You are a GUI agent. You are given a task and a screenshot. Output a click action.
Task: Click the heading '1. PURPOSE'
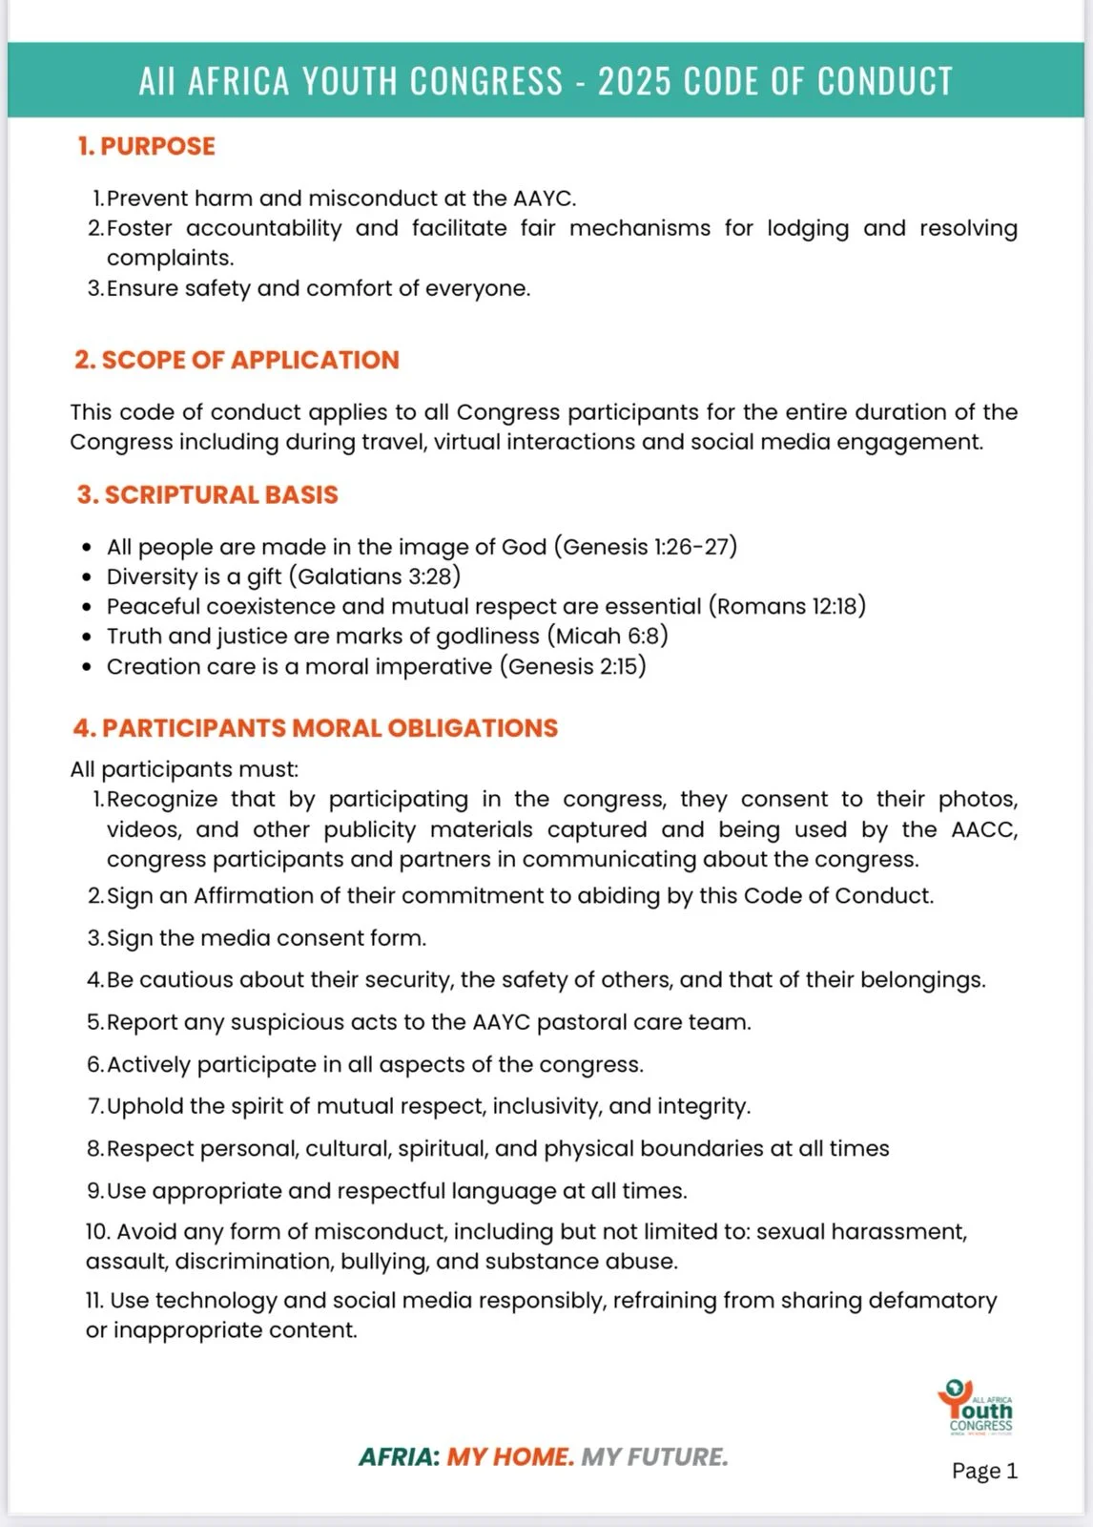[x=146, y=146]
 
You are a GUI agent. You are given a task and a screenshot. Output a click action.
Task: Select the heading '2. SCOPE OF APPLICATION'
[x=237, y=360]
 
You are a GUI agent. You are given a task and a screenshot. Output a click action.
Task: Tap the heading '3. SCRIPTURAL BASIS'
[x=207, y=494]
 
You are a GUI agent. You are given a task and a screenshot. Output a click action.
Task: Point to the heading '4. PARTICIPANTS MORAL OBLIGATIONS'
[x=315, y=727]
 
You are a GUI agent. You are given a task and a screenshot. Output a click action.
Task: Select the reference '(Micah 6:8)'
[x=607, y=636]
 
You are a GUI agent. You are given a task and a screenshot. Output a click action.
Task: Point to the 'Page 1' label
[x=984, y=1471]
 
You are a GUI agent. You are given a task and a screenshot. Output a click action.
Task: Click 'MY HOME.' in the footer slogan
[x=510, y=1457]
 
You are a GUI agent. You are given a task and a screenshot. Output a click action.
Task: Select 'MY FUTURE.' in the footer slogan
[x=654, y=1457]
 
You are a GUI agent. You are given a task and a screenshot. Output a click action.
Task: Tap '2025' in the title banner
[x=634, y=81]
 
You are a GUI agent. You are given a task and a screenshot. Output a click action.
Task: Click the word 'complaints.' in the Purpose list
[x=170, y=258]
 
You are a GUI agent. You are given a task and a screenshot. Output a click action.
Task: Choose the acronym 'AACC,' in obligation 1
[x=984, y=829]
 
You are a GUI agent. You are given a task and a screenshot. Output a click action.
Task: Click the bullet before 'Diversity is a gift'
[x=87, y=577]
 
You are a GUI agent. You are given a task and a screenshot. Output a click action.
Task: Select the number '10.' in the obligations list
[x=98, y=1231]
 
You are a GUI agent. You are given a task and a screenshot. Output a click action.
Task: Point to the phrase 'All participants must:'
[x=184, y=769]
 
